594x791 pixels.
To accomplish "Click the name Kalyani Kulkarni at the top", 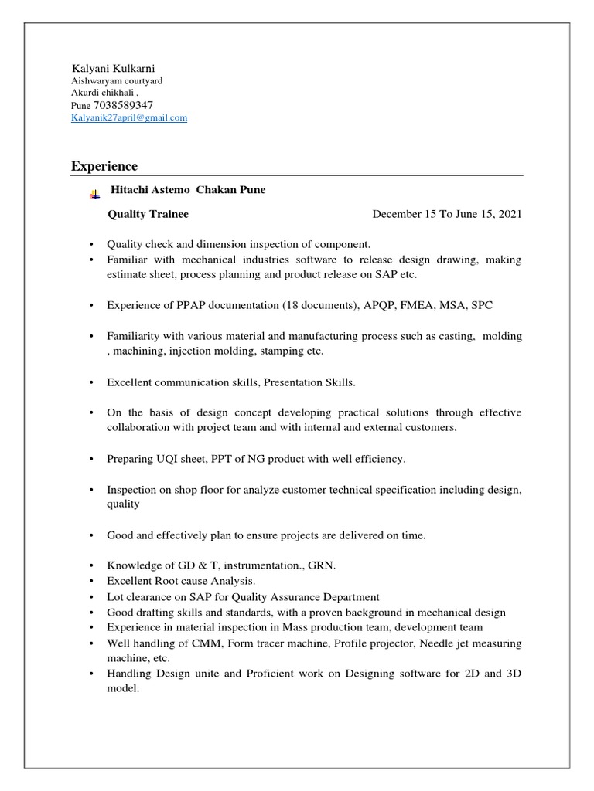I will tap(114, 68).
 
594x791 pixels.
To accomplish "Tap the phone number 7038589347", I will tap(123, 105).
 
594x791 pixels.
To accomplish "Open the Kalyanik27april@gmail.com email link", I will tap(129, 118).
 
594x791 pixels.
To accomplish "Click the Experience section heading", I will tap(104, 166).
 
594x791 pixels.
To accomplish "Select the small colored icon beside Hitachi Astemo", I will tap(94, 195).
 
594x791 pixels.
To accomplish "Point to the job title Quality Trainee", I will tap(148, 214).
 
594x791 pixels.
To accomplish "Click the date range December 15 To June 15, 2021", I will tap(447, 214).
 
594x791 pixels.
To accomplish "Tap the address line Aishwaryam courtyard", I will tap(117, 80).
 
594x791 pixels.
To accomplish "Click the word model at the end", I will tap(122, 689).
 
